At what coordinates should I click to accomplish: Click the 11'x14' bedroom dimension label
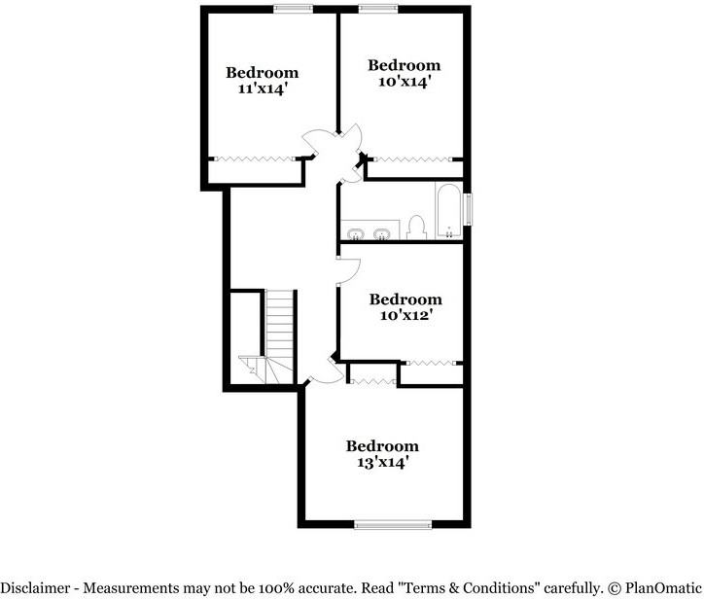coord(262,88)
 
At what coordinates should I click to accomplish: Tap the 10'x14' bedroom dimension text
coord(404,82)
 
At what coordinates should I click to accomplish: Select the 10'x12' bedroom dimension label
coord(405,315)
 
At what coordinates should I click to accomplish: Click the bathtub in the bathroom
coord(449,209)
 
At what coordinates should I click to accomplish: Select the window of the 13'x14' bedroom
coord(393,525)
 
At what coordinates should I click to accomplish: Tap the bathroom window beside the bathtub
coord(469,210)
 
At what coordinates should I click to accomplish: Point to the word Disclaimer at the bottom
coord(42,587)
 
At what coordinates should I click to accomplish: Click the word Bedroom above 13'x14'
coord(382,445)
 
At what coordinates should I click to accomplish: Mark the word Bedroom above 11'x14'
coord(262,72)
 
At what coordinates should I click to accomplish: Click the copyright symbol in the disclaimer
coord(615,587)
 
